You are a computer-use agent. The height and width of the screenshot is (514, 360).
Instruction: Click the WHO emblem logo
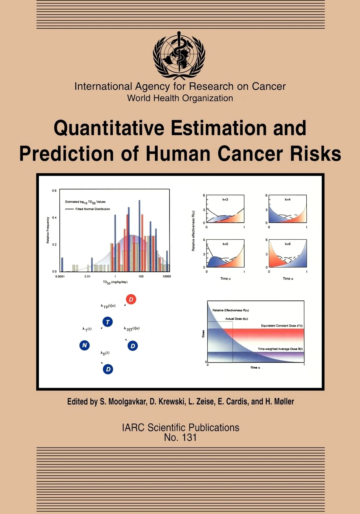click(179, 55)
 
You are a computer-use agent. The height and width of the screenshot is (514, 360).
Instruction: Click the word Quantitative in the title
click(109, 128)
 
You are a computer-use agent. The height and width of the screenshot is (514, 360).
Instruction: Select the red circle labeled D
click(131, 299)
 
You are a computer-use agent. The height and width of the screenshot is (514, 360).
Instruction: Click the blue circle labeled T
click(108, 322)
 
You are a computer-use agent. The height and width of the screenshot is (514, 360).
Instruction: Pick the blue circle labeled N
click(85, 345)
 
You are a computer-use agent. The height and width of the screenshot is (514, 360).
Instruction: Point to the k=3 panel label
click(225, 200)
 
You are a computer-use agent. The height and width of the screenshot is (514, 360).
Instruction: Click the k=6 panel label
click(287, 244)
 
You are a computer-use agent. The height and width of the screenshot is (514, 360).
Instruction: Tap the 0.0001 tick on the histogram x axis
click(60, 277)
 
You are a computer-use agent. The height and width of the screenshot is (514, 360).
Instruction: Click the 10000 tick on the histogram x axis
click(166, 277)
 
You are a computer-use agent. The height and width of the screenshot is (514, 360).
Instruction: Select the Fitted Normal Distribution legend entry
click(92, 209)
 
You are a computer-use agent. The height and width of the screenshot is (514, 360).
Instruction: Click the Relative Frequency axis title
click(48, 230)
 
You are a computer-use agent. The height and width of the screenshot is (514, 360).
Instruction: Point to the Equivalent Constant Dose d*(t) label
click(281, 326)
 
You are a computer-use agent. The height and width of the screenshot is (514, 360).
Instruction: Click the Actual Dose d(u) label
click(237, 319)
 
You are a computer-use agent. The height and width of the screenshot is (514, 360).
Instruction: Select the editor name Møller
click(284, 401)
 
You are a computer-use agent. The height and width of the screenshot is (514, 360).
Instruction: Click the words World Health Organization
click(180, 98)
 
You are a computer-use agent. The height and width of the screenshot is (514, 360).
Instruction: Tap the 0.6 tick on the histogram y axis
click(54, 191)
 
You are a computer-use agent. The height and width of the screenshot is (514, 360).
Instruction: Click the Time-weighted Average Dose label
click(280, 349)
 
